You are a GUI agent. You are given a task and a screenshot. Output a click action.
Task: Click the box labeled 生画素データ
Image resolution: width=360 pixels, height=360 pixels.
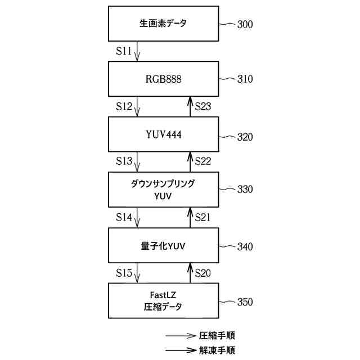click(163, 24)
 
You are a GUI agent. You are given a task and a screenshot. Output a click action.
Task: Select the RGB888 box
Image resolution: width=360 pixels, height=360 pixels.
click(163, 79)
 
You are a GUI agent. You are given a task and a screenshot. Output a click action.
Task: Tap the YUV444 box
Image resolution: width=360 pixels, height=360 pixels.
click(163, 135)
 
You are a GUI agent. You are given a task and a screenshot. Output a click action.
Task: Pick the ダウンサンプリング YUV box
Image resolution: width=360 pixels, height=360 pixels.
click(163, 190)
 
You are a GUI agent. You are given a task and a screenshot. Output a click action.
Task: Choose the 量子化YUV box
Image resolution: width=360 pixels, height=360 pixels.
click(163, 246)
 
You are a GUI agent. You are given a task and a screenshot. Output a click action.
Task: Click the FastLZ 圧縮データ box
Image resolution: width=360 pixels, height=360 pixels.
click(163, 301)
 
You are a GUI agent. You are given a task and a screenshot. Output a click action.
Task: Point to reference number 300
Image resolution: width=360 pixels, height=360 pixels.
click(245, 24)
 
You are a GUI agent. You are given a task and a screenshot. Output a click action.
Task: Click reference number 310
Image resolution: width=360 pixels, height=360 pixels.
click(245, 79)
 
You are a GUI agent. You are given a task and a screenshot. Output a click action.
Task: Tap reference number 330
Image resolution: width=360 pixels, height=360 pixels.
click(245, 190)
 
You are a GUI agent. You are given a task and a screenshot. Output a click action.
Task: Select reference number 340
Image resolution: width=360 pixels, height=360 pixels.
click(245, 246)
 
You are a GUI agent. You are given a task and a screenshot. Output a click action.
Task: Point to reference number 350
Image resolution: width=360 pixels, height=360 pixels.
click(245, 302)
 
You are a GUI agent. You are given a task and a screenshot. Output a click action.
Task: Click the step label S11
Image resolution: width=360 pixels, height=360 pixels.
click(124, 51)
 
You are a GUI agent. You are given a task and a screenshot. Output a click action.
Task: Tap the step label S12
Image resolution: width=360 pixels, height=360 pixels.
click(124, 106)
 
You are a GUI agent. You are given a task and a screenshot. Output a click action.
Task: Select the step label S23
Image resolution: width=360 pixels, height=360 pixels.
click(203, 106)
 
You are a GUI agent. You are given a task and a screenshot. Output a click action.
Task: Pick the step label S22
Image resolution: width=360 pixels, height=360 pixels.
click(203, 161)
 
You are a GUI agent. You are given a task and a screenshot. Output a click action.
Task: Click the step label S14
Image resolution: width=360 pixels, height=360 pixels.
click(124, 217)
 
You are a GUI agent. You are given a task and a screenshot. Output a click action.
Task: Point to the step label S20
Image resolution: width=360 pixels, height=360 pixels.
click(203, 273)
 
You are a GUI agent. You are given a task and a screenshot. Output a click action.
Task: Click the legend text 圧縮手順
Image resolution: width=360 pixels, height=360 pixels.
click(217, 335)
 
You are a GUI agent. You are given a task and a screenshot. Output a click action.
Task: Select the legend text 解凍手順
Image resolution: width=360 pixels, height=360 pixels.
click(217, 349)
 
